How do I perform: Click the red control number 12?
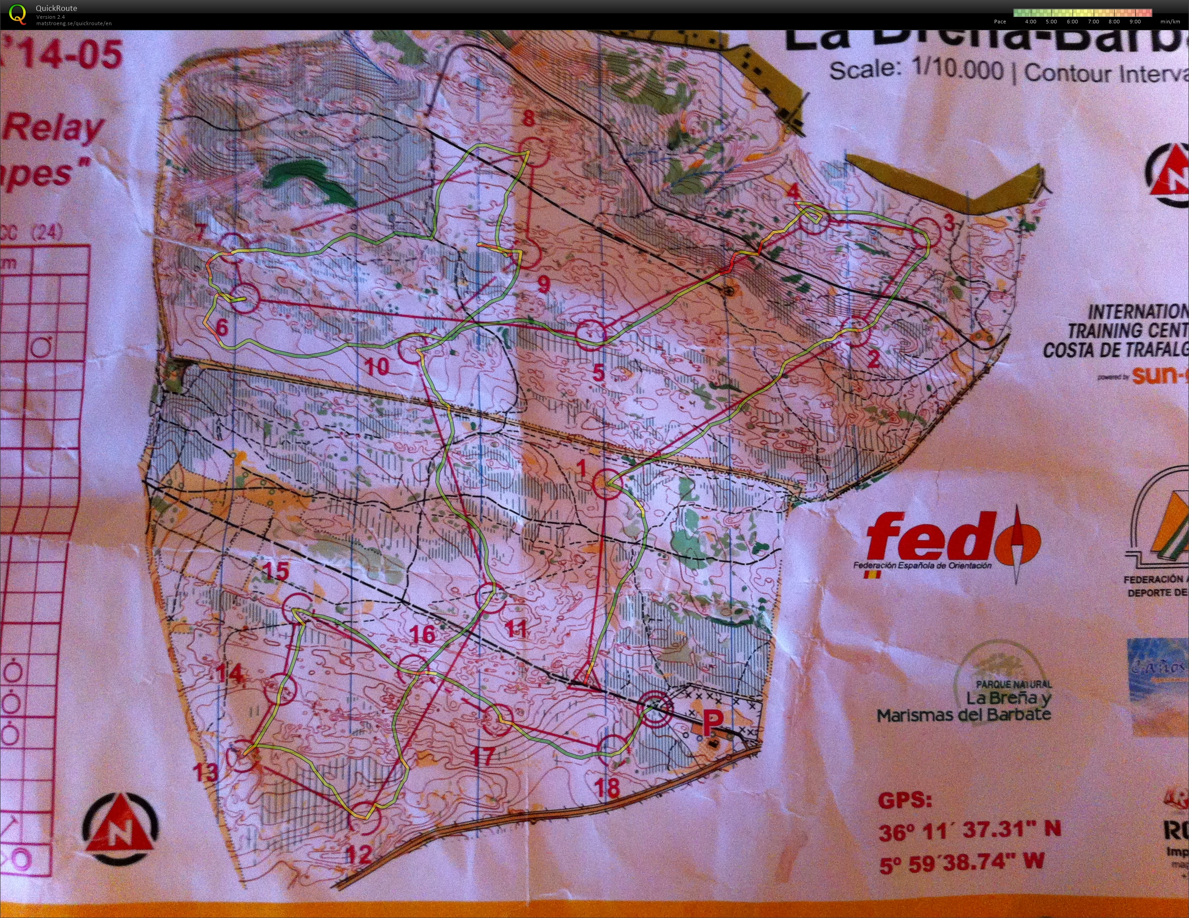point(359,853)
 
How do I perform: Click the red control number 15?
point(276,572)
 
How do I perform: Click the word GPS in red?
point(905,800)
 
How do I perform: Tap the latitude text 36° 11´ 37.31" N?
point(969,831)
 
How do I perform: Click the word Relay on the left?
point(55,128)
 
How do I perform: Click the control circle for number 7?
point(233,247)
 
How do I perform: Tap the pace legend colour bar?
point(1082,12)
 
